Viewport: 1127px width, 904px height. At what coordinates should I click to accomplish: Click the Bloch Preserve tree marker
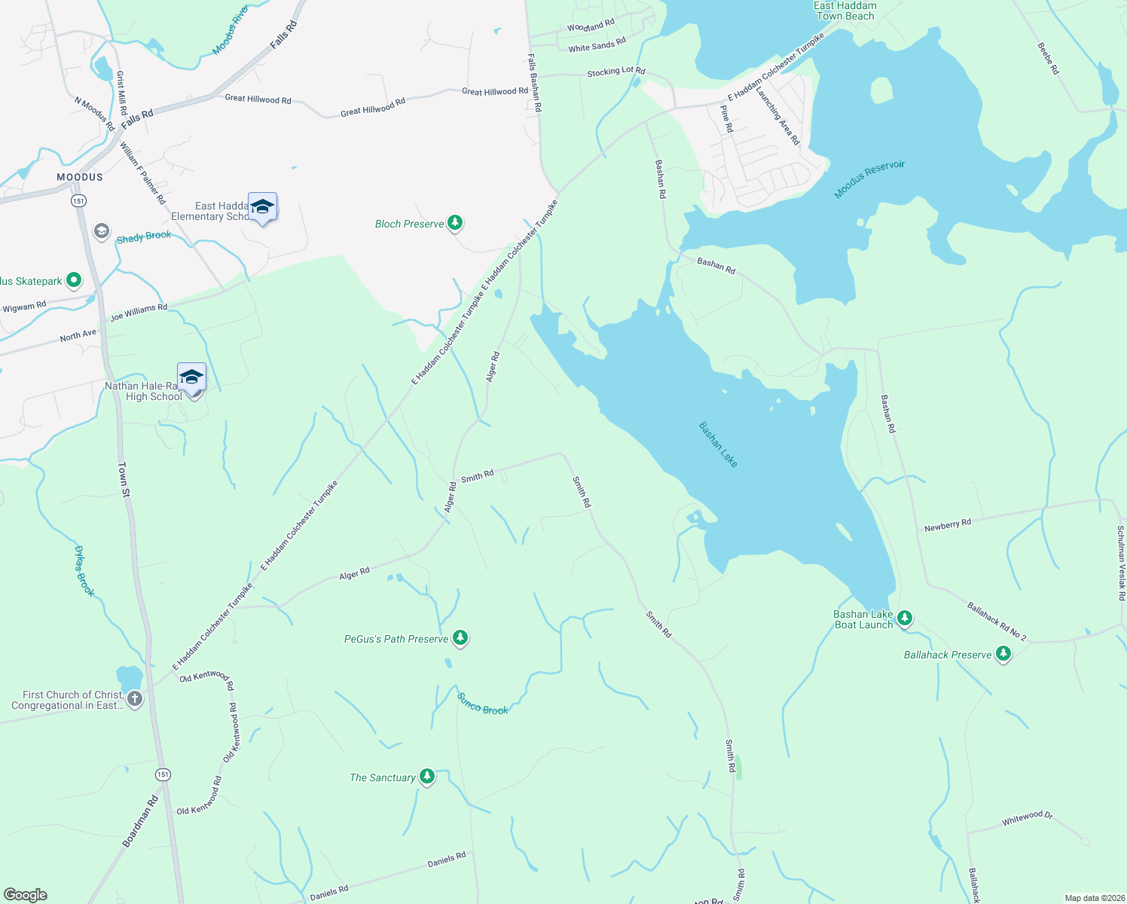coord(454,223)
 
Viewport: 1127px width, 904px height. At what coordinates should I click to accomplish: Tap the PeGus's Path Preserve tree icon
coord(460,638)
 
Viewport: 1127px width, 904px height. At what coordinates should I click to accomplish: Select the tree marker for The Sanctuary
coord(427,777)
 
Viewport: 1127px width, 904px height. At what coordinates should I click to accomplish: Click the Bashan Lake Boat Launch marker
coord(905,618)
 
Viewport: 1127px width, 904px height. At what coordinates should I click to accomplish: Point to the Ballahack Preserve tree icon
coord(1003,654)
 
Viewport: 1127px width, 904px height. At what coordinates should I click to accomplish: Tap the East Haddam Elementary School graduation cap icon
coord(262,207)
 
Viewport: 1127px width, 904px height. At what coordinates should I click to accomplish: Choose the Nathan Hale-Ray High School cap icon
coord(191,377)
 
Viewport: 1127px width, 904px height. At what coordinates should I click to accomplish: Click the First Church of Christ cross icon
coord(135,699)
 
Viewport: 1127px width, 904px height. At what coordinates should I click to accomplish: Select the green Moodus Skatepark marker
coord(74,280)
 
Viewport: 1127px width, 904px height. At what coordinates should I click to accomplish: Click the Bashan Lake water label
coord(718,444)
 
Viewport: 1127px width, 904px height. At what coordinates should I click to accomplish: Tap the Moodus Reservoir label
coord(869,179)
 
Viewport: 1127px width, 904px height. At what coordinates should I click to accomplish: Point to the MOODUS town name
coord(80,177)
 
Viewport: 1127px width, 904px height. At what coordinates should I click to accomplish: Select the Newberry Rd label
coord(948,525)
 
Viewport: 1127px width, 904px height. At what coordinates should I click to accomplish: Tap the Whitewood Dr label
coord(1027,818)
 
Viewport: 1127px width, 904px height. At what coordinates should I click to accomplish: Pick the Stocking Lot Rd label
coord(615,72)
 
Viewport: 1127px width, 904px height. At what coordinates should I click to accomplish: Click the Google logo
coord(26,895)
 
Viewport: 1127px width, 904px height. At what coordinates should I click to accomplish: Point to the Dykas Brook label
coord(84,572)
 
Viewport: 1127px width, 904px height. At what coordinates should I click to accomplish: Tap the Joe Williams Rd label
coord(139,312)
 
